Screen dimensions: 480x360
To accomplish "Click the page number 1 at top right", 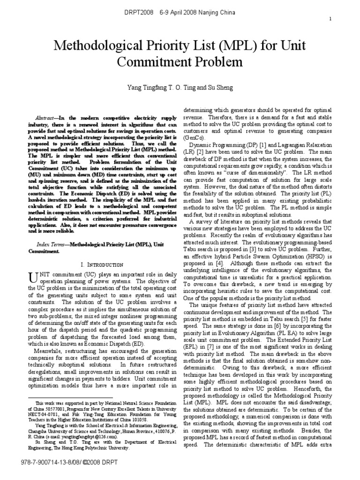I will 331,19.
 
